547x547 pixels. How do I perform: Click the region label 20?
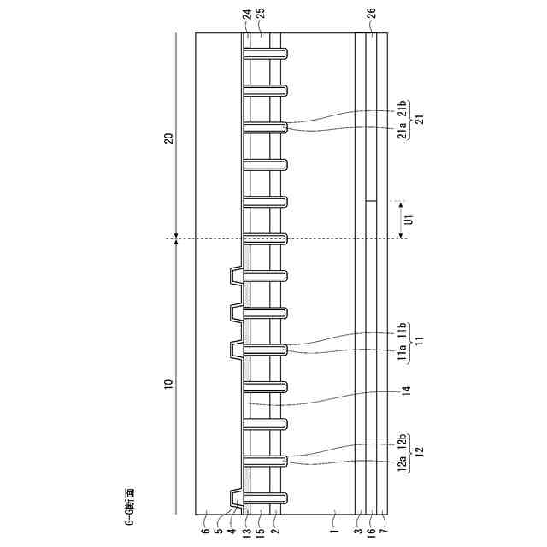(169, 138)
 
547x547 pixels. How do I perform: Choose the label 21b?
(401, 109)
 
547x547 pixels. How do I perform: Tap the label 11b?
(401, 332)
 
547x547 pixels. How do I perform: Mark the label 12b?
(401, 444)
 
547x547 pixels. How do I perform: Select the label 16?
(370, 530)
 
